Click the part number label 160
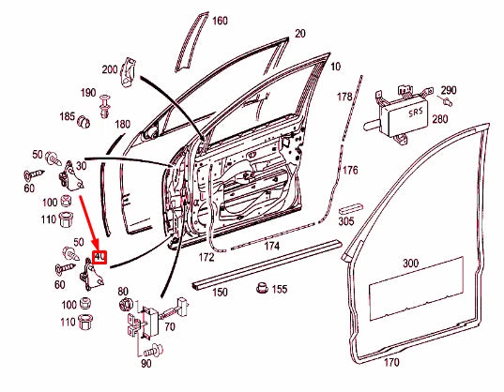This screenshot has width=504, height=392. click(x=220, y=21)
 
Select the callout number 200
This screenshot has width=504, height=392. click(x=109, y=70)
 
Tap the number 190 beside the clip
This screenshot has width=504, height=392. click(x=87, y=93)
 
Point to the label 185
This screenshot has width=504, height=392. click(x=69, y=117)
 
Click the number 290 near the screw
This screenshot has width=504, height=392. click(x=449, y=90)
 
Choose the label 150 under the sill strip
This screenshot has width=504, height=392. click(x=220, y=293)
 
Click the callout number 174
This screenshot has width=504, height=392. click(x=271, y=246)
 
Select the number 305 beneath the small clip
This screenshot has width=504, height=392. click(x=346, y=221)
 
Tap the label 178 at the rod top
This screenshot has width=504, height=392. click(x=344, y=97)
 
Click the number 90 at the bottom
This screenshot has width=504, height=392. click(x=145, y=362)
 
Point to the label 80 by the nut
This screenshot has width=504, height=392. click(x=122, y=291)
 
